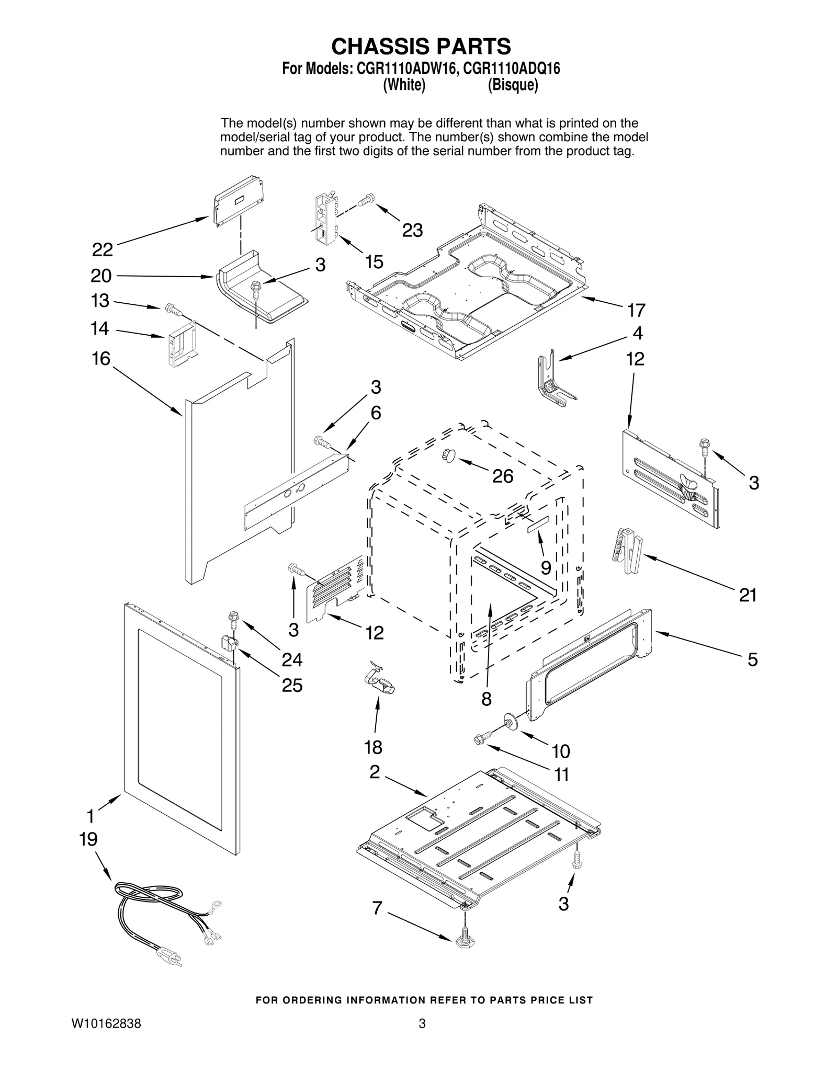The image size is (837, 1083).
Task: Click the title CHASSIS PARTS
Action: pyautogui.click(x=421, y=47)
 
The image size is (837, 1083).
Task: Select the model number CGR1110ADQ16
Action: pyautogui.click(x=512, y=69)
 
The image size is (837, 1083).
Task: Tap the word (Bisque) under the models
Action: pyautogui.click(x=513, y=85)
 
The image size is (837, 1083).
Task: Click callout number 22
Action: pyautogui.click(x=103, y=250)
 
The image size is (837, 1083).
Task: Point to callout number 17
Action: pyautogui.click(x=637, y=311)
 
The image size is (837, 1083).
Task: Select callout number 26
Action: pyautogui.click(x=503, y=476)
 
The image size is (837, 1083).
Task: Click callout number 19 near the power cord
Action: pyautogui.click(x=88, y=840)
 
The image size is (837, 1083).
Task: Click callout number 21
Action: pyautogui.click(x=748, y=595)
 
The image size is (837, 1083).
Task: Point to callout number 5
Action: pyautogui.click(x=752, y=659)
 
